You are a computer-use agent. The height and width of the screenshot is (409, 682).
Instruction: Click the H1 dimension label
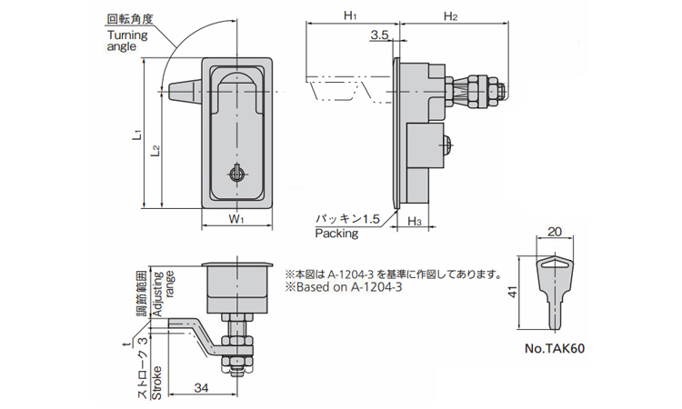[x=350, y=15]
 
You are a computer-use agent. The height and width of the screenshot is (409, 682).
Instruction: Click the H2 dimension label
[x=450, y=15]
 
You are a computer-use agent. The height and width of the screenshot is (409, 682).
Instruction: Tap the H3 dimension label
[x=414, y=221]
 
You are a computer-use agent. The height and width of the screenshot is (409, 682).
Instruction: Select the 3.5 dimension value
[x=380, y=35]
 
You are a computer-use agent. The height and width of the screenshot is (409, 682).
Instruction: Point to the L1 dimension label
[x=135, y=134]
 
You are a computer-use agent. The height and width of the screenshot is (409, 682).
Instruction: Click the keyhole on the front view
[x=236, y=173]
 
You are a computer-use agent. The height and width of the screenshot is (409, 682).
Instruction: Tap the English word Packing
[x=336, y=234]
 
